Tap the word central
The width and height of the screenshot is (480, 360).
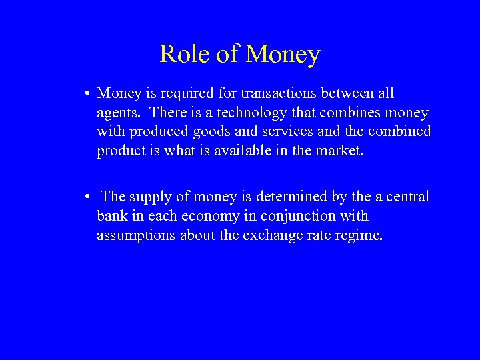[407, 197]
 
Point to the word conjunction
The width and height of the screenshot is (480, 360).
[305, 217]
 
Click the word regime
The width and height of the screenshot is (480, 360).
[361, 236]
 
